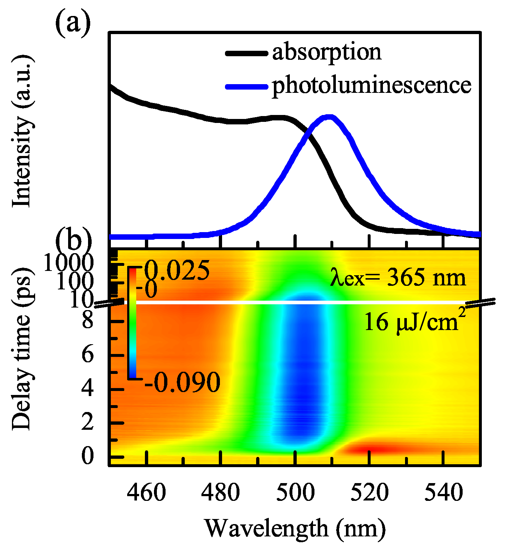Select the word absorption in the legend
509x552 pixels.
point(326,53)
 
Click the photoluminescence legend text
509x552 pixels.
point(371,86)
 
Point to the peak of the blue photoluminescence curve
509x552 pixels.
point(329,117)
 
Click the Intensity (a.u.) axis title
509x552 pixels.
point(23,132)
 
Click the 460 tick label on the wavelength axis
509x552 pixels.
point(146,493)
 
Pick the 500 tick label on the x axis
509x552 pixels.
point(295,493)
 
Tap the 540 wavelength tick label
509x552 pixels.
point(443,493)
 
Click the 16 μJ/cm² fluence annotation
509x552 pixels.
point(413,321)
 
